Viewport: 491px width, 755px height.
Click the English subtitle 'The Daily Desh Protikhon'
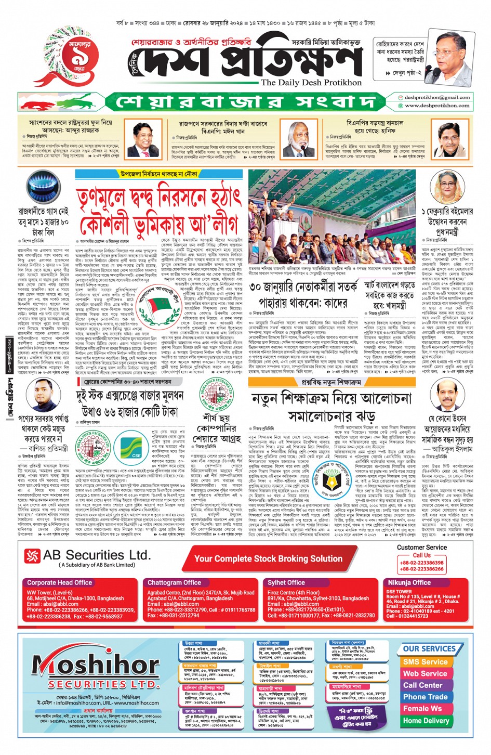coord(311,82)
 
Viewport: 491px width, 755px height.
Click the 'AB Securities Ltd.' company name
coord(97,555)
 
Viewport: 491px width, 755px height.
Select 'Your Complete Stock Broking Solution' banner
coord(268,559)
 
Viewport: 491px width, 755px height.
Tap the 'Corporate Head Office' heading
coord(60,582)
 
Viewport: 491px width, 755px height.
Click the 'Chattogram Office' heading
coord(174,582)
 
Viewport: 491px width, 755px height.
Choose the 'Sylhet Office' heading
coord(286,582)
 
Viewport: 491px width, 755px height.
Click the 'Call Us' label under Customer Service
coord(421,555)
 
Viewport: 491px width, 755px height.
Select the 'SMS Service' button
coord(425,662)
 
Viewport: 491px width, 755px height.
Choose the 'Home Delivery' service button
coord(426,721)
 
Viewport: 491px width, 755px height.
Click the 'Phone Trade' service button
coord(425,697)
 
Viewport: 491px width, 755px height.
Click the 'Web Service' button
coord(425,673)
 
